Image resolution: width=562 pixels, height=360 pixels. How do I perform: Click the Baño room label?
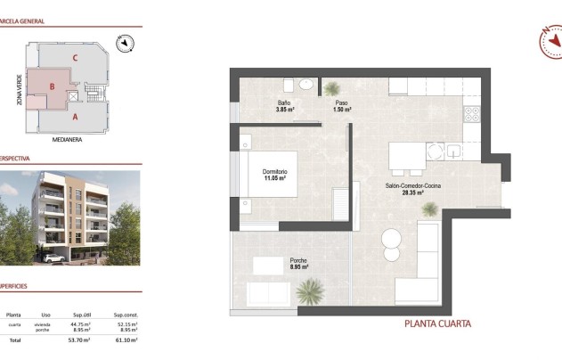(x=284, y=102)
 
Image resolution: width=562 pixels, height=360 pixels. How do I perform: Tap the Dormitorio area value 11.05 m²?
(x=274, y=178)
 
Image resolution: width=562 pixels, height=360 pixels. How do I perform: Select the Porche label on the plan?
(x=298, y=260)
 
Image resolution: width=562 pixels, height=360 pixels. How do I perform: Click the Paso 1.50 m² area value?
(x=342, y=110)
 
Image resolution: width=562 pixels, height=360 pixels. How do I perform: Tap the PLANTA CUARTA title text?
(x=437, y=323)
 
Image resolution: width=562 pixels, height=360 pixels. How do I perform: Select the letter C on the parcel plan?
(x=76, y=58)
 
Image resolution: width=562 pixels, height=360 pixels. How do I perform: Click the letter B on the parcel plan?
(x=53, y=86)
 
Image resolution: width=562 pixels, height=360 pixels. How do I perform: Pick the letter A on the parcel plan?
(x=75, y=116)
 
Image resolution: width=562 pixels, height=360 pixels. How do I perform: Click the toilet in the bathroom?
(x=289, y=86)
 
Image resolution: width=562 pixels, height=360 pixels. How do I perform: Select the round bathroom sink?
(x=306, y=85)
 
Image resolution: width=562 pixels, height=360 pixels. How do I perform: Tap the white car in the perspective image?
(x=52, y=258)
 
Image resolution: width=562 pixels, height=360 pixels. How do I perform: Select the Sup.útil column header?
(x=84, y=315)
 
